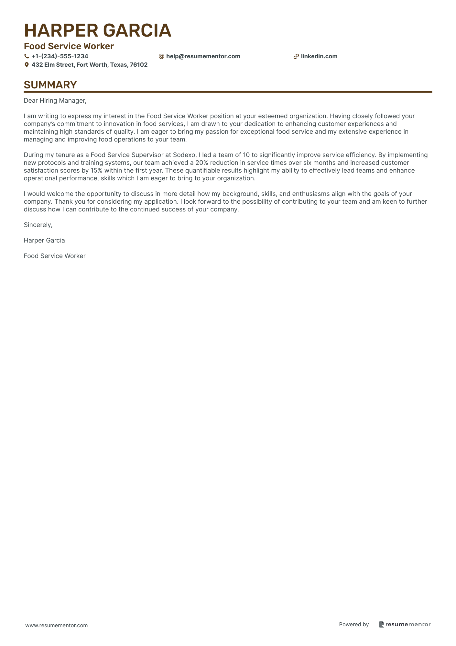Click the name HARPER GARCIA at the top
[97, 30]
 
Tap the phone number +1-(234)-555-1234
[60, 56]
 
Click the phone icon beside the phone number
[27, 56]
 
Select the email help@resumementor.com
[203, 56]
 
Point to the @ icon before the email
[161, 56]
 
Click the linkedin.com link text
[319, 56]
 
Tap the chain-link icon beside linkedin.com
[296, 56]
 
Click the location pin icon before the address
[27, 65]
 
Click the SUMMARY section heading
[50, 85]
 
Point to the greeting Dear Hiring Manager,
[55, 101]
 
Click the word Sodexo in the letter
[184, 155]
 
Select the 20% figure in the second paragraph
[202, 163]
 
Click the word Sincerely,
[38, 225]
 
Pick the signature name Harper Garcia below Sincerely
[44, 241]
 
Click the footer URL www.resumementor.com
[57, 625]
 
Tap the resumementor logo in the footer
[405, 624]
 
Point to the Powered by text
[354, 624]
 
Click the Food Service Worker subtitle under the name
[69, 46]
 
